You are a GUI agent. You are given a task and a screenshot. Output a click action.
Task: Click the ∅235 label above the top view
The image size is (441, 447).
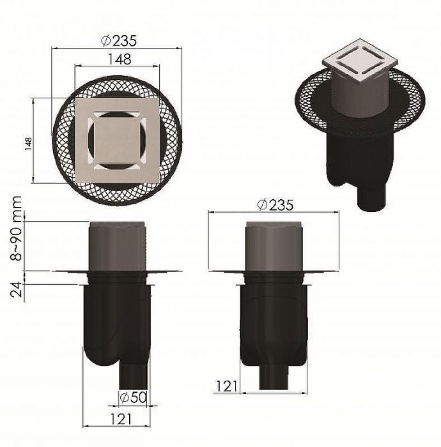pyautogui.click(x=119, y=40)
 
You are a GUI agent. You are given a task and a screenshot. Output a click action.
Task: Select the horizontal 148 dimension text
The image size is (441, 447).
pyautogui.click(x=119, y=59)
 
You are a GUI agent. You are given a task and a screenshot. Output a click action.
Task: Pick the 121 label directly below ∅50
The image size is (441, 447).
pyautogui.click(x=121, y=419)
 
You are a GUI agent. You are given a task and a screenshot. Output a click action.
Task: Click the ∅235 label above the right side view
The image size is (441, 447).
pyautogui.click(x=275, y=205)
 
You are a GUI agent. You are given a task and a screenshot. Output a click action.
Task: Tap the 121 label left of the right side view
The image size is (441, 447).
pyautogui.click(x=226, y=385)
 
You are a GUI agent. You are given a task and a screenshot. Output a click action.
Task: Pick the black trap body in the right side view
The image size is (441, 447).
pyautogui.click(x=275, y=319)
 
